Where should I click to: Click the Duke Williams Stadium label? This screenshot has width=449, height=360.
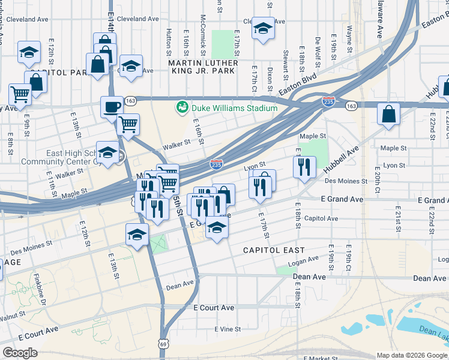click(234, 108)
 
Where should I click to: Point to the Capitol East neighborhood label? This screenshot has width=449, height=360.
click(274, 250)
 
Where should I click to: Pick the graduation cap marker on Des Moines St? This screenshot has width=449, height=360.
click(137, 235)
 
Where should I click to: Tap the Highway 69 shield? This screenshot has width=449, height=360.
click(163, 344)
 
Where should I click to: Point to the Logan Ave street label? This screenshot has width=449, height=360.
click(304, 260)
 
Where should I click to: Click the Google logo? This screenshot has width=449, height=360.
click(21, 352)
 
